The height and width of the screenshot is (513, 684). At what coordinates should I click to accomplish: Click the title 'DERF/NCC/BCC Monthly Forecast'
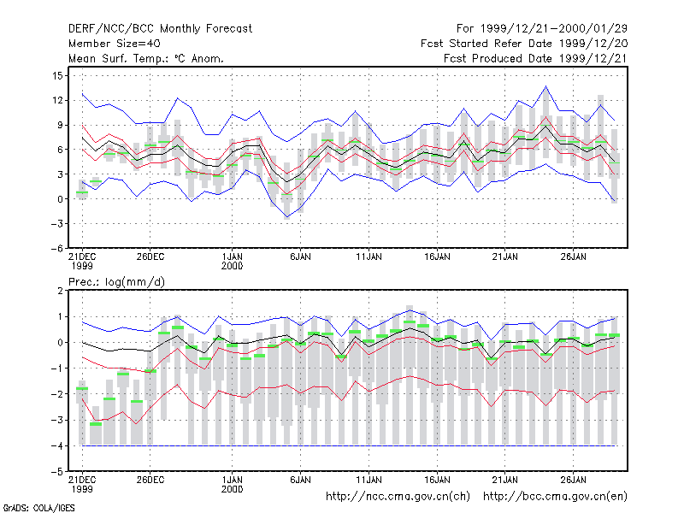point(160,29)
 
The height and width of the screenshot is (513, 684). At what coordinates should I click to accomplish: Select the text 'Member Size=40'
point(115,44)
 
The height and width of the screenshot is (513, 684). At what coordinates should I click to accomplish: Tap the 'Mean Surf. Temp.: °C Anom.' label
point(145,58)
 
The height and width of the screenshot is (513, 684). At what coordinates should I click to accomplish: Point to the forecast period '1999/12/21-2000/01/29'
point(553,29)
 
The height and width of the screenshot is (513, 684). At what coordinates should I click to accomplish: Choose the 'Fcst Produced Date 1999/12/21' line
point(535,58)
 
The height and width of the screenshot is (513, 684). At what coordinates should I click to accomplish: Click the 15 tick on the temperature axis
point(57,76)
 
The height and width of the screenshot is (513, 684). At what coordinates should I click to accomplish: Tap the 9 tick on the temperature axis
point(60,125)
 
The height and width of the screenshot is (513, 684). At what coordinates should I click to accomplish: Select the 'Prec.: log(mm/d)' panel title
point(116,282)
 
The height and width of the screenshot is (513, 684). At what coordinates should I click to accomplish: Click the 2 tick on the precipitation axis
point(60,291)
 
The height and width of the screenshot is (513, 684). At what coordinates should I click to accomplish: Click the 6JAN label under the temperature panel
point(301,257)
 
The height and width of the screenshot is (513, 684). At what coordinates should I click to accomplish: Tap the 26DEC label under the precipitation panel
point(150,480)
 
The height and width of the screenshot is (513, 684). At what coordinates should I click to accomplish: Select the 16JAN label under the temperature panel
point(437,257)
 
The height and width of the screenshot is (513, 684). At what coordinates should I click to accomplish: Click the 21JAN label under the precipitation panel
point(505,480)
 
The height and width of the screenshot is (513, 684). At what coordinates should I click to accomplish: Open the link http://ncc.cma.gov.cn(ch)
point(398,497)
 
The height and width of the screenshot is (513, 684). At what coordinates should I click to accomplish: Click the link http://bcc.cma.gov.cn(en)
point(555,497)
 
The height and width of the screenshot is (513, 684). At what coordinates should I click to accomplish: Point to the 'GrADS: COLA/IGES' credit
point(39,508)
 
